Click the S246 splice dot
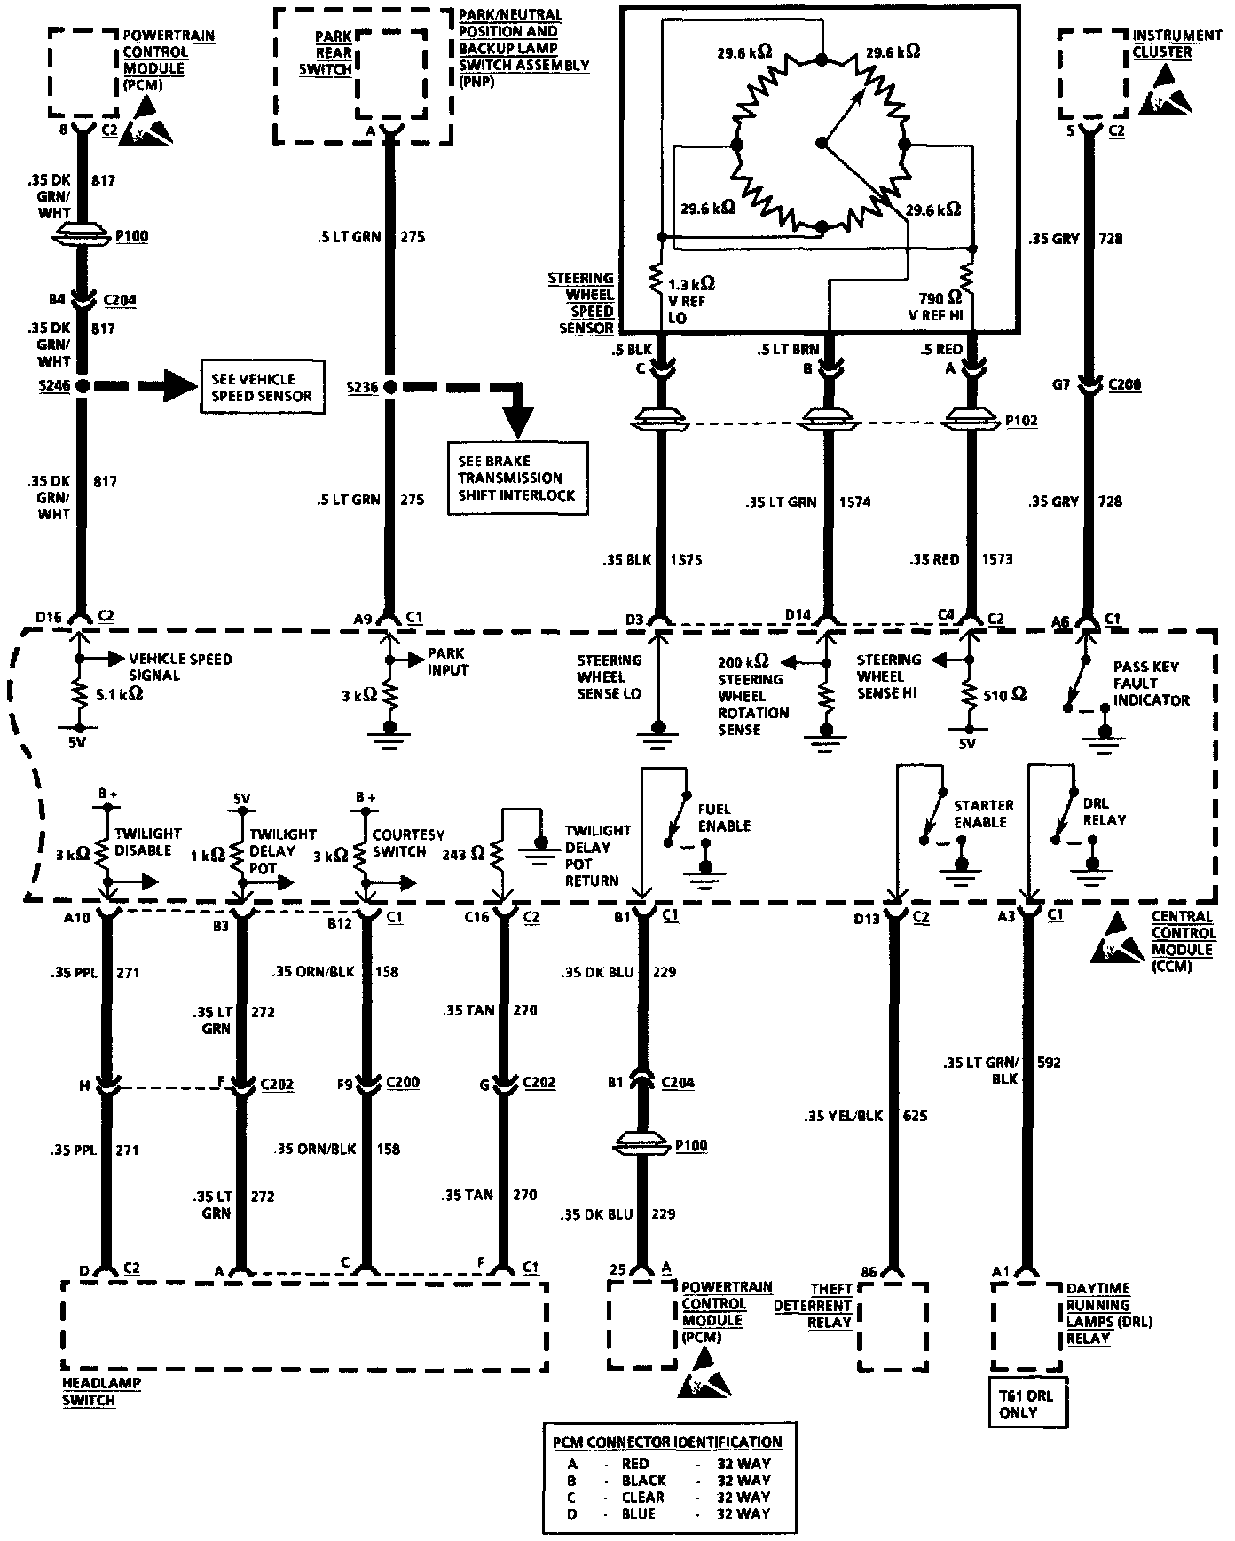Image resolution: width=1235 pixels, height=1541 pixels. [82, 386]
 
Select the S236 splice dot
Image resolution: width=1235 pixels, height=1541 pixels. [389, 387]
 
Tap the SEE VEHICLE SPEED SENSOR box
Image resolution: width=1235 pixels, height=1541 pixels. [262, 387]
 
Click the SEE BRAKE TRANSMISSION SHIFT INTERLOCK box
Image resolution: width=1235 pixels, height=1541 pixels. [517, 478]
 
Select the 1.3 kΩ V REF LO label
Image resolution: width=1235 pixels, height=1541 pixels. [689, 300]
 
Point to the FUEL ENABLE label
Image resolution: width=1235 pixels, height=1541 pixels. [724, 818]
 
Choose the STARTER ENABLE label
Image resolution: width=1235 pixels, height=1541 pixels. [983, 814]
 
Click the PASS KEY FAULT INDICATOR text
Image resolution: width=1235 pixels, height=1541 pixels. [1151, 683]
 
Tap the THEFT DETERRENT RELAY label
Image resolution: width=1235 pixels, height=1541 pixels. [814, 1305]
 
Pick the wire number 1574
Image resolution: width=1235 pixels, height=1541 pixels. [854, 502]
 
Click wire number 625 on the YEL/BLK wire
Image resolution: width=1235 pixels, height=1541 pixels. [915, 1115]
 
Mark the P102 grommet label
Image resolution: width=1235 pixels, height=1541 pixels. [1022, 421]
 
